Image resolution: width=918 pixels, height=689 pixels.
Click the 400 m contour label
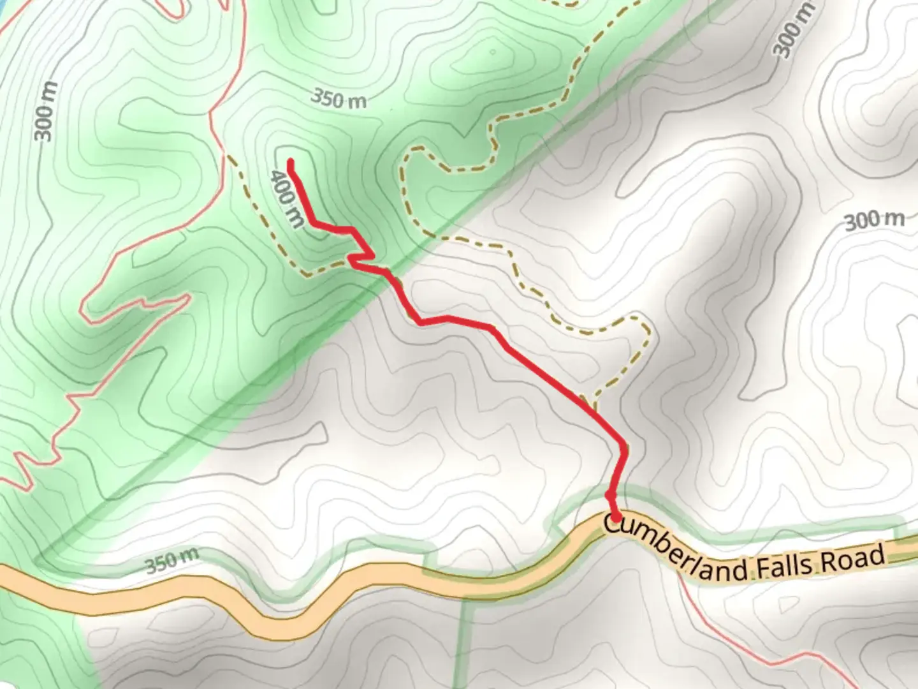pos(288,198)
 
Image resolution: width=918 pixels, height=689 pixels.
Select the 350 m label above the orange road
pos(171,561)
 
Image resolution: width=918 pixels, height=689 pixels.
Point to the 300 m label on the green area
pos(45,111)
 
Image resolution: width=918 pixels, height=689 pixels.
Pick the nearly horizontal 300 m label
pos(874,221)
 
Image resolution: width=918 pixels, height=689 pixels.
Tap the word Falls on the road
pos(785,565)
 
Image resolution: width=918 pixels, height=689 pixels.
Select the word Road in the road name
pos(854,559)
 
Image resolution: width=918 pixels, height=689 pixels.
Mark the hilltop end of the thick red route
pos(291,163)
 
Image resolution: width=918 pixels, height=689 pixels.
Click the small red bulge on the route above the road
pos(610,494)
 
